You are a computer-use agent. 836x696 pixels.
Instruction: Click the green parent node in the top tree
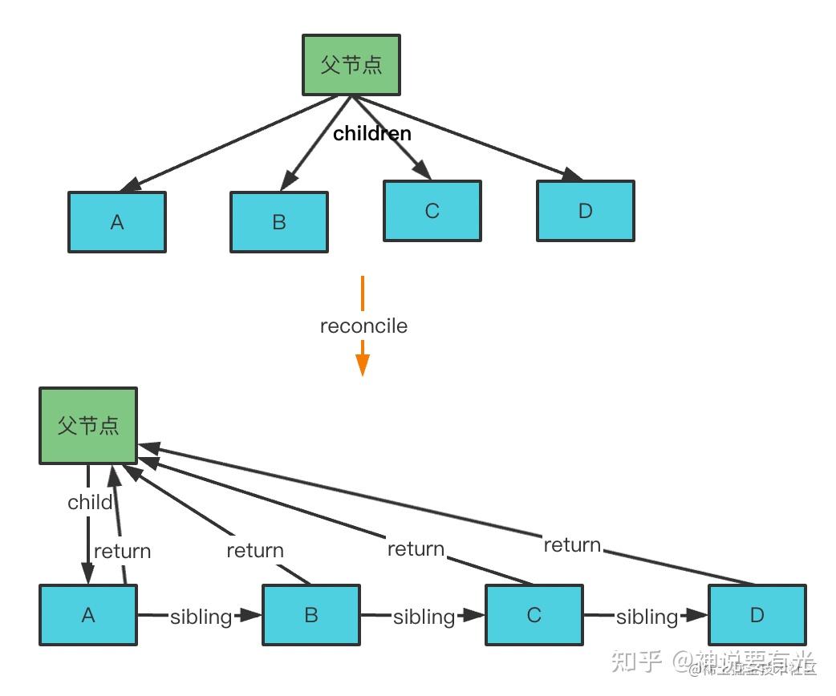pyautogui.click(x=351, y=65)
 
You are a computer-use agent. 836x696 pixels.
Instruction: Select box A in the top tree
pyautogui.click(x=117, y=222)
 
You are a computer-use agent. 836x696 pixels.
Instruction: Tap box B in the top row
pyautogui.click(x=279, y=222)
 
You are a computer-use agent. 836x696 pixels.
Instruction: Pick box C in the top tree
pyautogui.click(x=432, y=211)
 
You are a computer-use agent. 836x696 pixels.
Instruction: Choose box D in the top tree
pyautogui.click(x=586, y=211)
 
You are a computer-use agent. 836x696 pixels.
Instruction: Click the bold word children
pyautogui.click(x=372, y=134)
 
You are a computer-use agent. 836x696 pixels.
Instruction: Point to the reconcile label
pyautogui.click(x=363, y=326)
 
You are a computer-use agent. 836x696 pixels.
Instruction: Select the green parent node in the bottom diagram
pyautogui.click(x=88, y=426)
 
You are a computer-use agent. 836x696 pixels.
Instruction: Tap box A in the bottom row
pyautogui.click(x=88, y=615)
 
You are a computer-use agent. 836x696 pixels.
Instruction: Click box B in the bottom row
pyautogui.click(x=311, y=615)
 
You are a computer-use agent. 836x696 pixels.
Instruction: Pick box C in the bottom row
pyautogui.click(x=534, y=615)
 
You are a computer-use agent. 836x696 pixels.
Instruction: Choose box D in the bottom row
pyautogui.click(x=757, y=615)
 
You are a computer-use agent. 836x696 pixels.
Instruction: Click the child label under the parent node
pyautogui.click(x=90, y=503)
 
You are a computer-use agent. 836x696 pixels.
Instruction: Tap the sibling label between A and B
pyautogui.click(x=201, y=617)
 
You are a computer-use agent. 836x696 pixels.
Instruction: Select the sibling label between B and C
pyautogui.click(x=424, y=617)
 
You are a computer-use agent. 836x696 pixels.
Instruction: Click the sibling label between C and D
pyautogui.click(x=647, y=617)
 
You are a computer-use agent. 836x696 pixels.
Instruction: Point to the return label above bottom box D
pyautogui.click(x=572, y=545)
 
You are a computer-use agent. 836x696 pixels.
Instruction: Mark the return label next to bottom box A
pyautogui.click(x=122, y=552)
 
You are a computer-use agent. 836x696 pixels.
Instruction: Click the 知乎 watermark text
pyautogui.click(x=636, y=662)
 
